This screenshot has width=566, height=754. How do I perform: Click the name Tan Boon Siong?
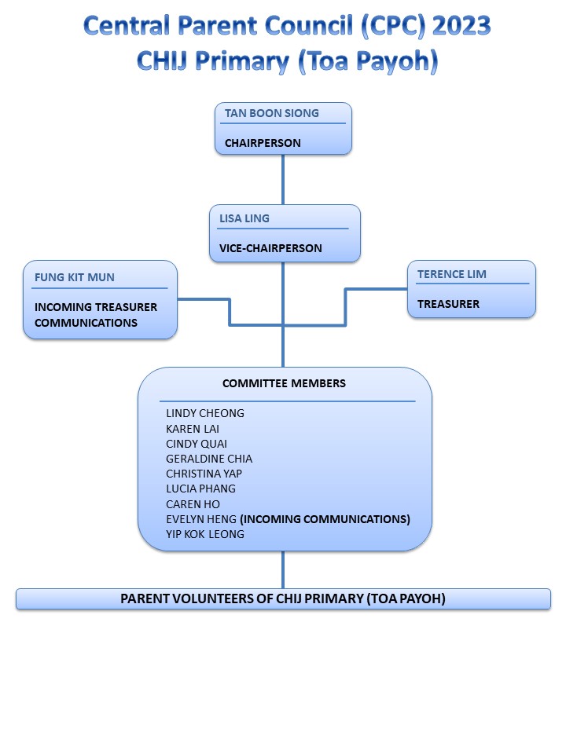(x=271, y=113)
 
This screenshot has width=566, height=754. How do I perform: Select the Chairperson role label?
(x=263, y=143)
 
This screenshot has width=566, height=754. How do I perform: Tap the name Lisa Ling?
(x=244, y=218)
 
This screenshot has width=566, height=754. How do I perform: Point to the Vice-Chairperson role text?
(x=270, y=248)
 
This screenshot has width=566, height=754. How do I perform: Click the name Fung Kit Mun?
(x=75, y=277)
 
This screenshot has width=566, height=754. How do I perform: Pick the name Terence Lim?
(x=451, y=274)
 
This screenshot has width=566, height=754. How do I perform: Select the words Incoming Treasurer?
(x=96, y=307)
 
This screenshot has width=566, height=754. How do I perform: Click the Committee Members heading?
(x=284, y=383)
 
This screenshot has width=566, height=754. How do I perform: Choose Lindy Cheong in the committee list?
(x=205, y=413)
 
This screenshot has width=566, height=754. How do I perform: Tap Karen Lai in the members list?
(x=193, y=429)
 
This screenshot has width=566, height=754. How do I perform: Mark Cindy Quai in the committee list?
(x=197, y=443)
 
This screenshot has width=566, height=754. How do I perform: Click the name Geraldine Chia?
(x=209, y=459)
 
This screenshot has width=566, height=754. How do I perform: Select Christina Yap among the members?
(x=204, y=474)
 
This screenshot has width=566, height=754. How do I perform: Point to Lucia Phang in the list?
(x=200, y=489)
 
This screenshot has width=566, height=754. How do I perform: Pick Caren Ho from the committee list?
(x=193, y=504)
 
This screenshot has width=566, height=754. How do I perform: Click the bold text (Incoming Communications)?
(x=325, y=519)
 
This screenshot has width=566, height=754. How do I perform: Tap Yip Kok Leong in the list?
(x=205, y=534)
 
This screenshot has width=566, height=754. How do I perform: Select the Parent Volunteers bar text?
(x=282, y=598)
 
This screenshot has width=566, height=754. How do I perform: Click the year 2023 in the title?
(x=461, y=25)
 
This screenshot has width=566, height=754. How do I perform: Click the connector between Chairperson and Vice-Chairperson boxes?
(x=283, y=179)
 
